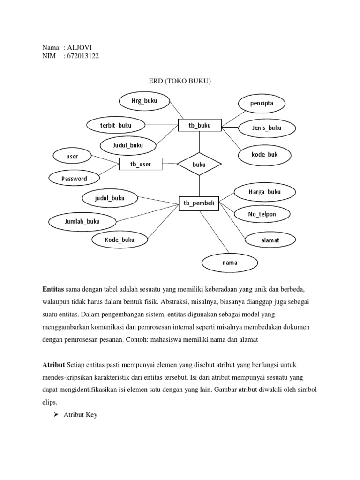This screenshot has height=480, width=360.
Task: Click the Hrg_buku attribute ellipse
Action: [x=144, y=100]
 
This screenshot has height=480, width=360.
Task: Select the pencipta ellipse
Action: [x=262, y=103]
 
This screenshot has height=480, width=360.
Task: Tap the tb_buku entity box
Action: [x=199, y=125]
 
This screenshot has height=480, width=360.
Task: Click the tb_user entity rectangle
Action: [x=141, y=164]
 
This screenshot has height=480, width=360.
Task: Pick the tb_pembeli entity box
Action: [x=199, y=203]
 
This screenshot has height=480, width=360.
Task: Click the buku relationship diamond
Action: [x=199, y=164]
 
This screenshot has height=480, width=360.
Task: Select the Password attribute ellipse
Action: [x=75, y=178]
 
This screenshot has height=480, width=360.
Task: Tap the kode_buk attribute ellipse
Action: [x=264, y=154]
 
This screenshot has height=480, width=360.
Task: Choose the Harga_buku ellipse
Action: [x=265, y=192]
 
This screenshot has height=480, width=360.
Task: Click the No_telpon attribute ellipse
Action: [x=262, y=214]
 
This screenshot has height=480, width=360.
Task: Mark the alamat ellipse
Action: [x=270, y=240]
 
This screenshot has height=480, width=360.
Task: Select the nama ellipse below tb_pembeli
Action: [x=230, y=262]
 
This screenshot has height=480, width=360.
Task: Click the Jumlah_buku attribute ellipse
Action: [x=82, y=221]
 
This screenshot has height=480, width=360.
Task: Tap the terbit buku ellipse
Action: [x=116, y=125]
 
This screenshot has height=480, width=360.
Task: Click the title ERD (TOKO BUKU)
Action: [x=180, y=82]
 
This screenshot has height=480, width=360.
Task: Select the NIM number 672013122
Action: [x=83, y=56]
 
